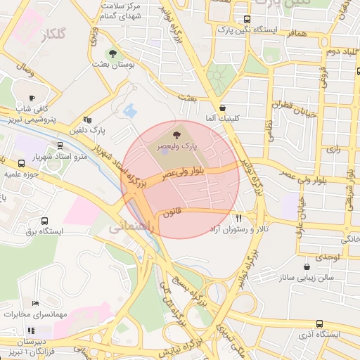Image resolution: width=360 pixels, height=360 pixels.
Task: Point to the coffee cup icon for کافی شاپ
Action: [x=32, y=98]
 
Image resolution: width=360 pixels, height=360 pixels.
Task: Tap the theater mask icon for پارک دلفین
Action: [x=87, y=120]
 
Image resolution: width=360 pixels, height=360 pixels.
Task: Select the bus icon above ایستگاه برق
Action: [x=44, y=220]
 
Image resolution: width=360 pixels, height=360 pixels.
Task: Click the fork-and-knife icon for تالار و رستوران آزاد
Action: [x=239, y=219]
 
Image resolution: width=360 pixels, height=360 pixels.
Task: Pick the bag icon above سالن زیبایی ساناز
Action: [x=307, y=267]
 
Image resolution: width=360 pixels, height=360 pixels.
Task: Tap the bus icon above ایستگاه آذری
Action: [x=319, y=323]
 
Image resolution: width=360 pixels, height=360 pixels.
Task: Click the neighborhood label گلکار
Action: [x=53, y=33]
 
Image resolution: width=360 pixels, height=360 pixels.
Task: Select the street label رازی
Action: [x=333, y=149]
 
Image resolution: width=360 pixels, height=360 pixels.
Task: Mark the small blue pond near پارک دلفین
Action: [x=129, y=110]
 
